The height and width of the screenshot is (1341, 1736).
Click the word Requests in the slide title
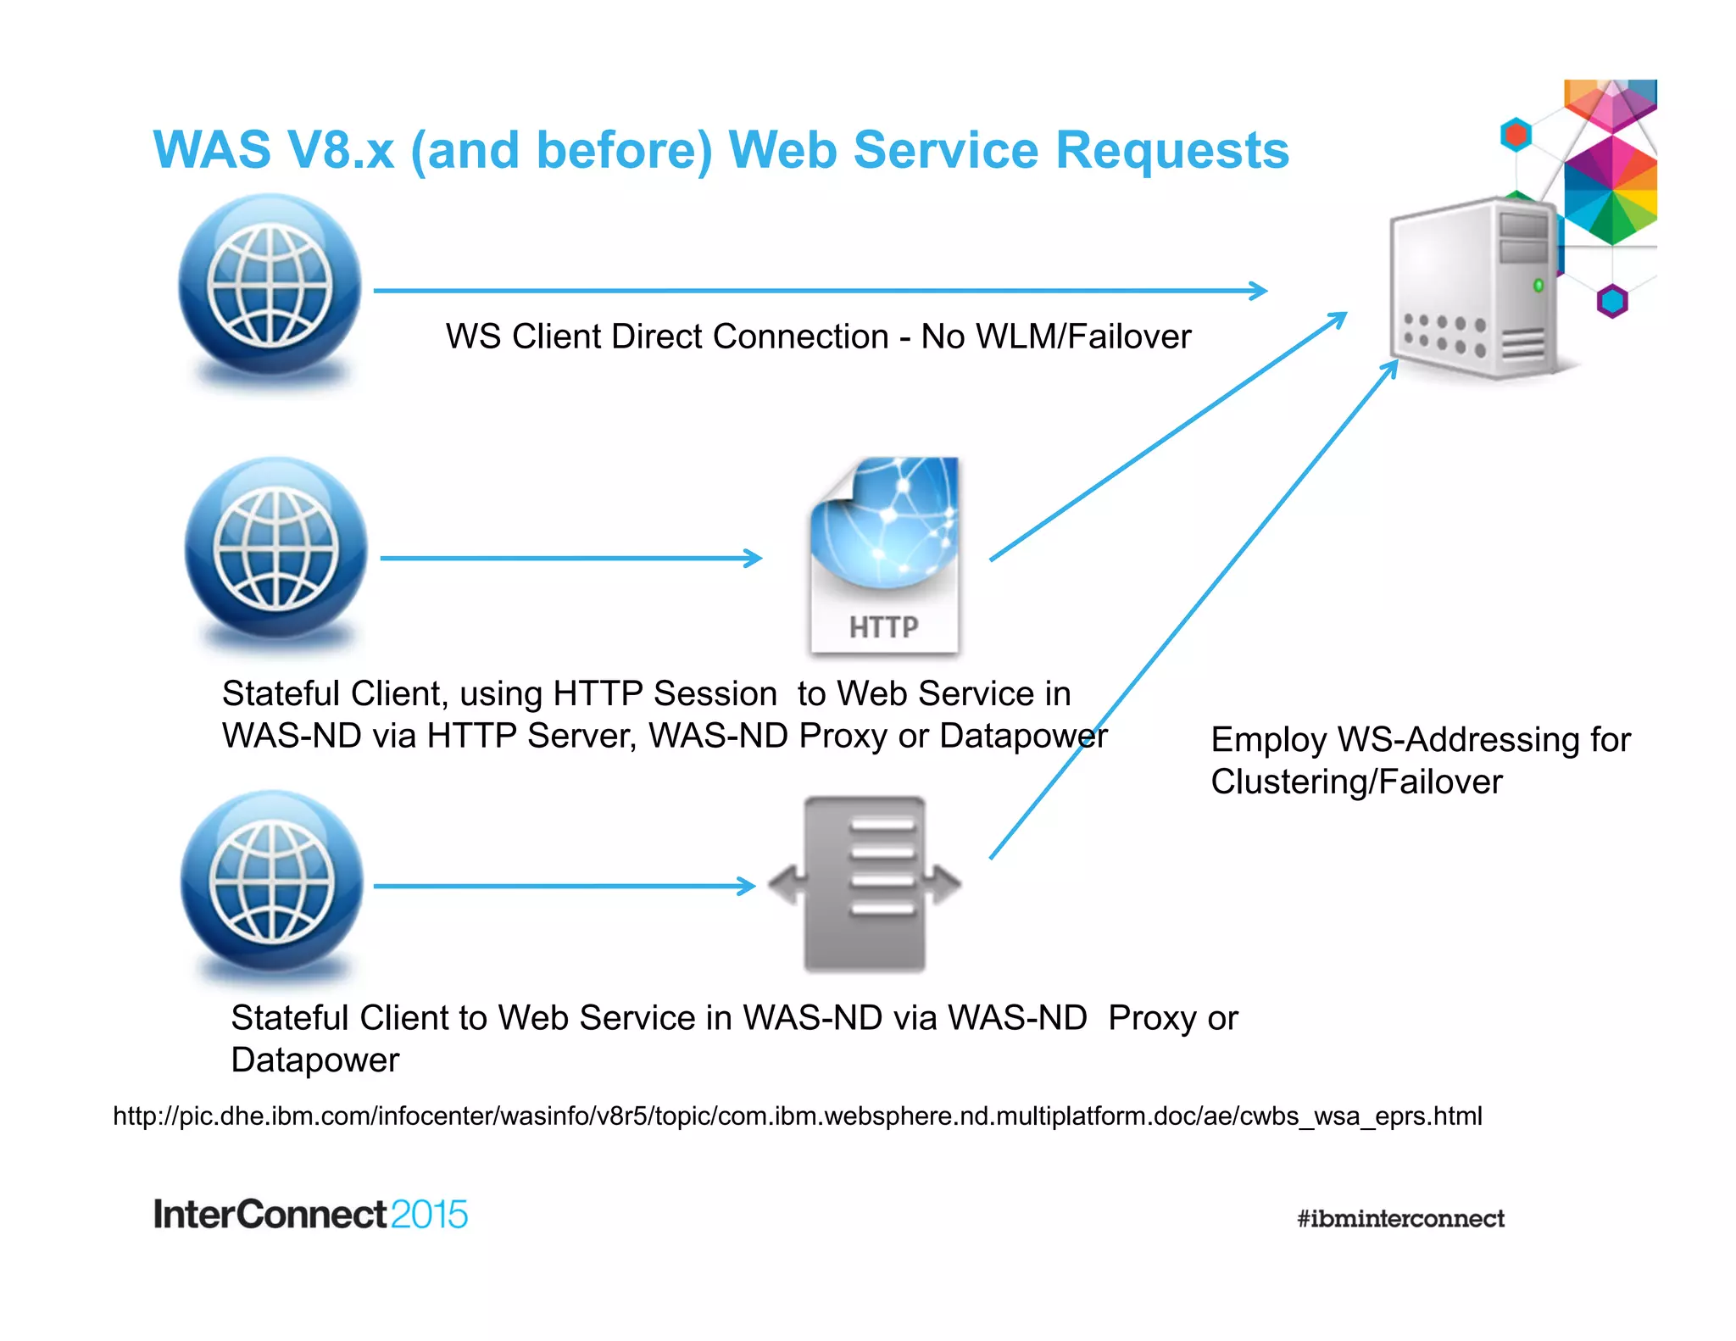click(x=1172, y=151)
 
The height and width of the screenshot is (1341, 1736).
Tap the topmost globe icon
click(x=270, y=287)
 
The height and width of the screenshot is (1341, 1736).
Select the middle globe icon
click(x=276, y=549)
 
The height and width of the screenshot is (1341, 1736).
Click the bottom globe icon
click(x=272, y=883)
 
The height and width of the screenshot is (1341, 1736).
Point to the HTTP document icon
click(x=884, y=555)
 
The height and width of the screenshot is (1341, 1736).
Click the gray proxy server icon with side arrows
click(x=864, y=884)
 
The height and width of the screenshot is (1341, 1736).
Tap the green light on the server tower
click(x=1538, y=286)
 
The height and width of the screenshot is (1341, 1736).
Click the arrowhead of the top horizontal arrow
click(x=1260, y=291)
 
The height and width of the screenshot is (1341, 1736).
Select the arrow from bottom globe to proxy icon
click(x=564, y=886)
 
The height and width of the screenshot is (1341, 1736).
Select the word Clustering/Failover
click(x=1355, y=782)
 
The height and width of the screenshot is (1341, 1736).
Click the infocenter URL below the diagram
click(x=797, y=1116)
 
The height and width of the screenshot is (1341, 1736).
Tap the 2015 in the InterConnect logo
click(x=429, y=1215)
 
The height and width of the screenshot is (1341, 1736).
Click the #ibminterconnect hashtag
click(x=1400, y=1219)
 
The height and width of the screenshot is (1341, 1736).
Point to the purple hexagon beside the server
click(x=1611, y=301)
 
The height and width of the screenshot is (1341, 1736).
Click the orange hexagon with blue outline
click(x=1516, y=135)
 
